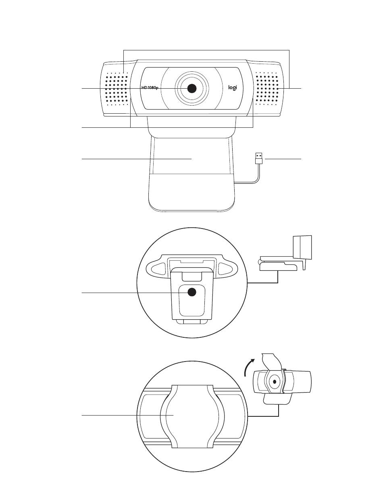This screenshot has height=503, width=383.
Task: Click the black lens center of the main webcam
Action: click(x=191, y=88)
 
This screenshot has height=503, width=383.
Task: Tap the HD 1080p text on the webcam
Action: click(x=150, y=87)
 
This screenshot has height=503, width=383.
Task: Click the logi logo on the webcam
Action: click(x=232, y=87)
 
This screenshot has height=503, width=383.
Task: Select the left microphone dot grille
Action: click(x=117, y=89)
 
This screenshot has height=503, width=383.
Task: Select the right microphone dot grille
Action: click(x=267, y=89)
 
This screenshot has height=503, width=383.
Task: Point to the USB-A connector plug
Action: click(x=259, y=158)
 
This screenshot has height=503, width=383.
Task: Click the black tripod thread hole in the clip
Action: click(x=192, y=292)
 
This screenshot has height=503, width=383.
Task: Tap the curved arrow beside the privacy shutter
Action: click(x=248, y=367)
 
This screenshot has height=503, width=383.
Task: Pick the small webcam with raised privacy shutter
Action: click(x=282, y=379)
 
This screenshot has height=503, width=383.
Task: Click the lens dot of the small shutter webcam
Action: click(x=275, y=382)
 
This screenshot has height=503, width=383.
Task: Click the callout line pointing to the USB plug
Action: click(x=283, y=158)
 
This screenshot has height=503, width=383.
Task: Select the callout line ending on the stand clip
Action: click(x=137, y=158)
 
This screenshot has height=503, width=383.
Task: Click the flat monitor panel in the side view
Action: click(x=302, y=247)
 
